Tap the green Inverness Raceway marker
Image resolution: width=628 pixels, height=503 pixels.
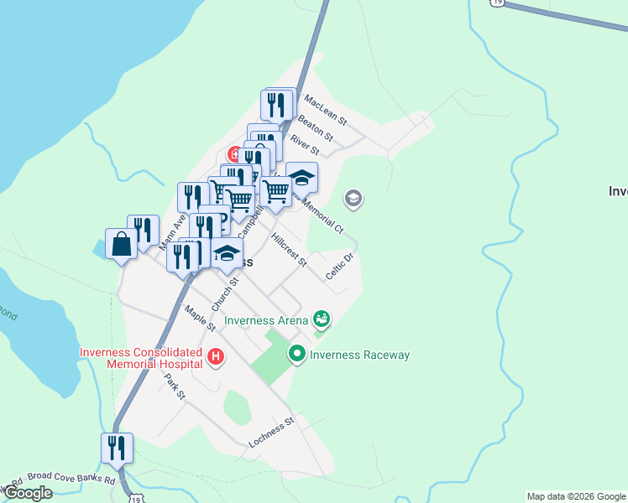click(296, 355)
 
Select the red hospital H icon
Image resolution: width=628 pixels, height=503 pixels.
click(216, 357)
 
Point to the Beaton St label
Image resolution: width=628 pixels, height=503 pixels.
click(316, 127)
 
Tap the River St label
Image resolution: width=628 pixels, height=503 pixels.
click(305, 145)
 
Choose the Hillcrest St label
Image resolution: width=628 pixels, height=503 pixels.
click(290, 251)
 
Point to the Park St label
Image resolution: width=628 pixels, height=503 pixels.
click(174, 386)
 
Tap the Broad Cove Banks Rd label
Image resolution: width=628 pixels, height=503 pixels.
click(71, 479)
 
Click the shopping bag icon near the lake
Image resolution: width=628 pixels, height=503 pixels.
click(121, 245)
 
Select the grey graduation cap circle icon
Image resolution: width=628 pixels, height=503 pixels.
click(353, 199)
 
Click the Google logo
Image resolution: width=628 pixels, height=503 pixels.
click(29, 493)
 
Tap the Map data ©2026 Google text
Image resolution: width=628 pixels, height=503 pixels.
click(576, 496)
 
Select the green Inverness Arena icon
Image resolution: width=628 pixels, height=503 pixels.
click(321, 319)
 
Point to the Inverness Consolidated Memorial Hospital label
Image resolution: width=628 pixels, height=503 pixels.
click(141, 358)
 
